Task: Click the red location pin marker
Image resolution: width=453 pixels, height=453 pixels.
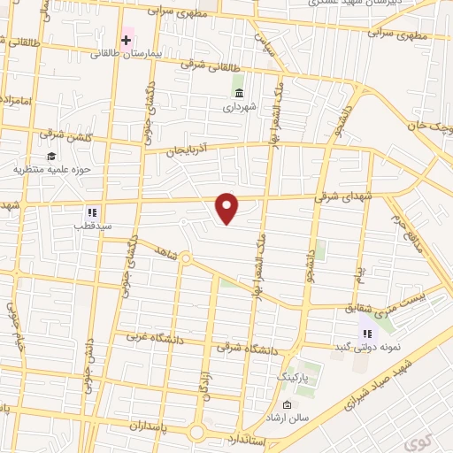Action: tap(228, 208)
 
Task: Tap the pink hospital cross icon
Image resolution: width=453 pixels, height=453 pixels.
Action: tap(127, 40)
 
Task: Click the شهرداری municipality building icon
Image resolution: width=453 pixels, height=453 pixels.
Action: tap(239, 92)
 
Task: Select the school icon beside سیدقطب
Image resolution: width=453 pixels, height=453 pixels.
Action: tap(90, 212)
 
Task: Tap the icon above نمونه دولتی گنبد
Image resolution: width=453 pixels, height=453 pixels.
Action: tap(366, 333)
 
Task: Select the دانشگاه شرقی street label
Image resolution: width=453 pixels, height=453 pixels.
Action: tap(252, 350)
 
